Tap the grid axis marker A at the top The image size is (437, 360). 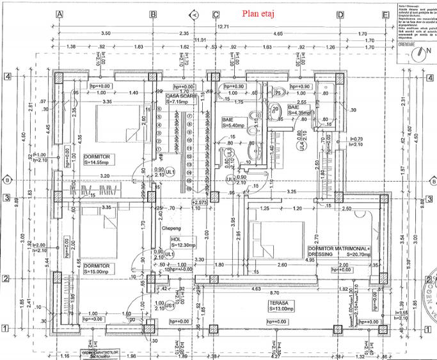pos(59,14)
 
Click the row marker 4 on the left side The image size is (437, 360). pos(7,76)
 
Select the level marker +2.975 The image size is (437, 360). pos(201,201)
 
